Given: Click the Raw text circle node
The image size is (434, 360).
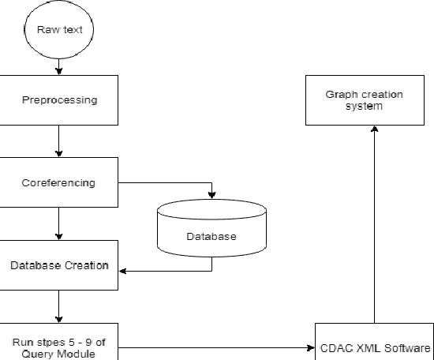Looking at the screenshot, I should (x=59, y=31).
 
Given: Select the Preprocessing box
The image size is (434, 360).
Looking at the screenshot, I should (x=59, y=100).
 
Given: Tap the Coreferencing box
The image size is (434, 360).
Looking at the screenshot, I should (x=59, y=182).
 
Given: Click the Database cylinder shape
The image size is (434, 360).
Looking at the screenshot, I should (x=211, y=229).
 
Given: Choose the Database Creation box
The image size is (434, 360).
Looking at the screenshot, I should (x=59, y=265).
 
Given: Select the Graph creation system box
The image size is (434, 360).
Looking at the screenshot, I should (x=365, y=100).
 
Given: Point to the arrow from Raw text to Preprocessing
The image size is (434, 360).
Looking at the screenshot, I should (x=59, y=68).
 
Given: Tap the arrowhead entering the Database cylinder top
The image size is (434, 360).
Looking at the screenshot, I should (x=211, y=196).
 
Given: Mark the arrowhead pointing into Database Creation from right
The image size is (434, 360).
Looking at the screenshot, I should (x=123, y=272).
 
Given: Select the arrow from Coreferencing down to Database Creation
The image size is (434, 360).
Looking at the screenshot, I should (x=59, y=224).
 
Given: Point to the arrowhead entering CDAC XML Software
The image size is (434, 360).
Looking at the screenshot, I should (x=310, y=347).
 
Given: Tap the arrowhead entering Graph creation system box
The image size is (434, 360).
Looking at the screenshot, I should (x=373, y=129).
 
